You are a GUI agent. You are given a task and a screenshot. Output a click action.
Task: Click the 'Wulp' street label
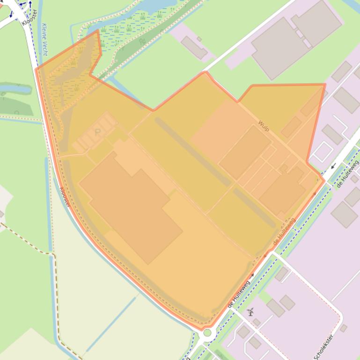[x=264, y=125]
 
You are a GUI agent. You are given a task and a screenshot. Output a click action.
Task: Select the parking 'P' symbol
[x=97, y=132]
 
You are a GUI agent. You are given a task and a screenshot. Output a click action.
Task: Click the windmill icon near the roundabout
[x=250, y=311]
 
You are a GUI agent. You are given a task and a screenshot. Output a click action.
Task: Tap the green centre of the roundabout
[x=207, y=333]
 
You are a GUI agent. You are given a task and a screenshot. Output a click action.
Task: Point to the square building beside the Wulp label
[x=245, y=151]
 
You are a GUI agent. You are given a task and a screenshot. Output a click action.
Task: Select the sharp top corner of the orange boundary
[x=98, y=31]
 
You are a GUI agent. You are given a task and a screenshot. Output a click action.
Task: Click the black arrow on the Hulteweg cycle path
[x=333, y=166]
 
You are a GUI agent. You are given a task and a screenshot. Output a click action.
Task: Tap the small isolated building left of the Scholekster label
[x=344, y=328]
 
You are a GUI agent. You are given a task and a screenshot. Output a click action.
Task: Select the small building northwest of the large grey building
[x=194, y=47]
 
